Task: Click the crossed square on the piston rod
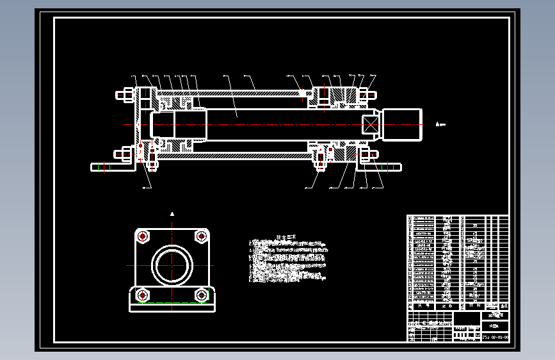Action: click(371, 125)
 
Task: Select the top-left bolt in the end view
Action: click(142, 236)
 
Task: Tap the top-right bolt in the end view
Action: click(201, 236)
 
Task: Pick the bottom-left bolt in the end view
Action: click(142, 295)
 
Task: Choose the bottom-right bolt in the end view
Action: click(201, 295)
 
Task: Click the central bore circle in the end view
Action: click(172, 265)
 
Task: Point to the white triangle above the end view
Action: click(172, 213)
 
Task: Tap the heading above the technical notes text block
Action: click(283, 237)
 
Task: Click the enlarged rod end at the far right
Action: click(402, 125)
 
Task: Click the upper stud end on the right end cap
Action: click(370, 95)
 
